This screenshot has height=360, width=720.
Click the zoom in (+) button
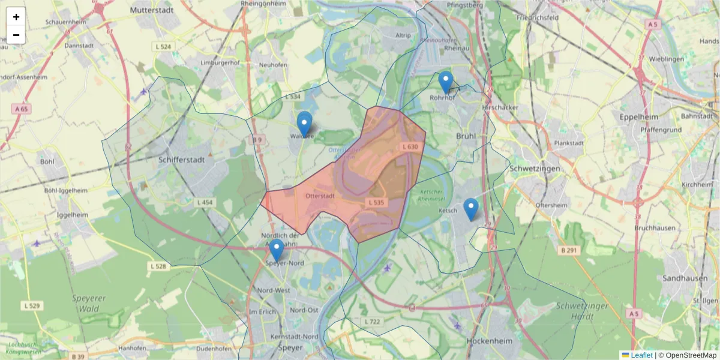[x=16, y=17]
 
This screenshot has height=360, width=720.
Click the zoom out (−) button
[x=16, y=35]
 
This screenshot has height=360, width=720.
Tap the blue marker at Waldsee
[x=304, y=125]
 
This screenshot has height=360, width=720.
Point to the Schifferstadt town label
[x=182, y=160]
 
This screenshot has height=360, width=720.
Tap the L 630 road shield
[x=410, y=146]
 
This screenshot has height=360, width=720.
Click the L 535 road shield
[x=376, y=203]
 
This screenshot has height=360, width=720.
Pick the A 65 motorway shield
[x=20, y=109]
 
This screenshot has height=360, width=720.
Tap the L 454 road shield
[x=204, y=203]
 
